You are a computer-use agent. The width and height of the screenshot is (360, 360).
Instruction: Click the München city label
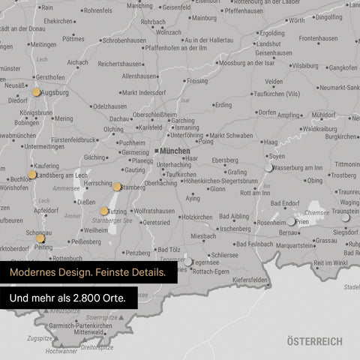[x=175, y=151]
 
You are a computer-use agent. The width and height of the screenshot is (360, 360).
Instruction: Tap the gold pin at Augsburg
[x=36, y=92]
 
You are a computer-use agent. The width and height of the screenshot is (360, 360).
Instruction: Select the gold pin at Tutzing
[x=104, y=211]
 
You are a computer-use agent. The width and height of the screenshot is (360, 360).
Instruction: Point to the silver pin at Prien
[x=291, y=221]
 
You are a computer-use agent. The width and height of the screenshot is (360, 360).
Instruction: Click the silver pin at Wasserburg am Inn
[x=268, y=167]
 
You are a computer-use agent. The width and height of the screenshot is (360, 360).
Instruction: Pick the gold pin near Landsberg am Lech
[x=32, y=175]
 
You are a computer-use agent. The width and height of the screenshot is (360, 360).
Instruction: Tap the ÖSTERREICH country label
[x=314, y=341]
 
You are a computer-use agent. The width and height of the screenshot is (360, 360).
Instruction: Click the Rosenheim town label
[x=271, y=223]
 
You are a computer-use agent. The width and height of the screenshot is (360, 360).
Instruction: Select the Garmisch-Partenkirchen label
[x=81, y=325]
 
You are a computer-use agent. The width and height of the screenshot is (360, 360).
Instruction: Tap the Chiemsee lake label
[x=316, y=213]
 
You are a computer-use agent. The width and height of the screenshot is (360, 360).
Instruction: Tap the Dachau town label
[x=119, y=118]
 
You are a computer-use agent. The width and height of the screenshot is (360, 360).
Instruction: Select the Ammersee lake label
[x=67, y=188]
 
